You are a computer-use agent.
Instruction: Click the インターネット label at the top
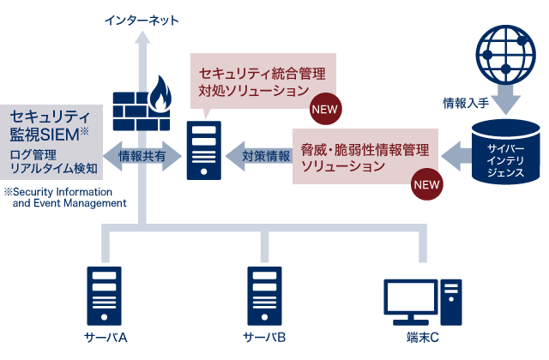click(x=142, y=19)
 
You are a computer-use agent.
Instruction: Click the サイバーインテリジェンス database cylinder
click(x=505, y=153)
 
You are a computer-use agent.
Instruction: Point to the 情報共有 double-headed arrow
click(x=142, y=156)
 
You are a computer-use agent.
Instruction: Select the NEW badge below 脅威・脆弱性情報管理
click(x=426, y=183)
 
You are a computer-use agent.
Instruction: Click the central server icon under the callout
click(x=204, y=152)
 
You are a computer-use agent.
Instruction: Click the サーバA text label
click(x=106, y=337)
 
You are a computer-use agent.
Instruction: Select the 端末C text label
click(x=422, y=337)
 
